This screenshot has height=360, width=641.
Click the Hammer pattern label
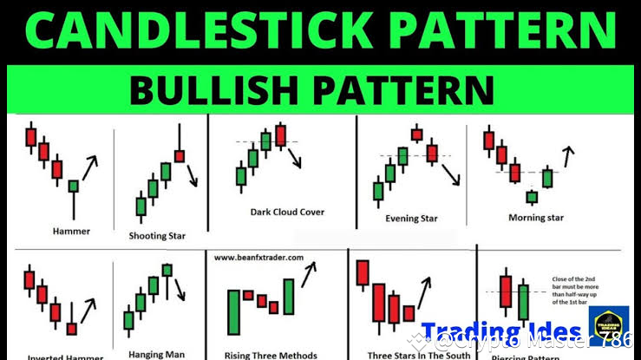coord(70,231)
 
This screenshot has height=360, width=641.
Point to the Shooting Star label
coord(157,235)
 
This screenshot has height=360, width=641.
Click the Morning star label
coord(535,218)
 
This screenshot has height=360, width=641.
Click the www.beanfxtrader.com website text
coord(258,258)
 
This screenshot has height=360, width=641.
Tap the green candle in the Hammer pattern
coord(74,186)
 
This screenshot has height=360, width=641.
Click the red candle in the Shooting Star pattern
coord(180,155)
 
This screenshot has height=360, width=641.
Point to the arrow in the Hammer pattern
coord(90,163)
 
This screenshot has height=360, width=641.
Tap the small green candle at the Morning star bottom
coord(531,197)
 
